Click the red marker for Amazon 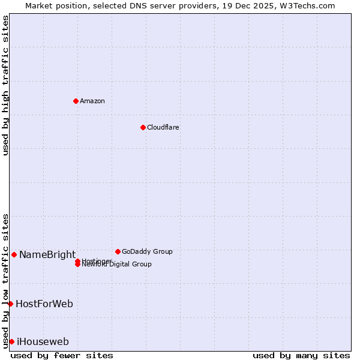click(76, 101)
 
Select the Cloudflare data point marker click(143, 127)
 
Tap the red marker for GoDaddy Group click(118, 251)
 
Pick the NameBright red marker click(14, 254)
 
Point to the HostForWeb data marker click(10, 304)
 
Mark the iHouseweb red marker click(11, 341)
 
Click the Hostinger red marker click(77, 261)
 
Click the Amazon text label click(92, 101)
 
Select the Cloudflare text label click(163, 127)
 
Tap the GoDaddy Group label click(147, 251)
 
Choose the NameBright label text click(47, 254)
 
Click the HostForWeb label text click(44, 304)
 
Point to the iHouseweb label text click(43, 342)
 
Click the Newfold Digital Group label click(117, 265)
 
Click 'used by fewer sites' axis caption click(62, 355)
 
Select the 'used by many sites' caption click(301, 355)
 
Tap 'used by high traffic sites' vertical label click(6, 85)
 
